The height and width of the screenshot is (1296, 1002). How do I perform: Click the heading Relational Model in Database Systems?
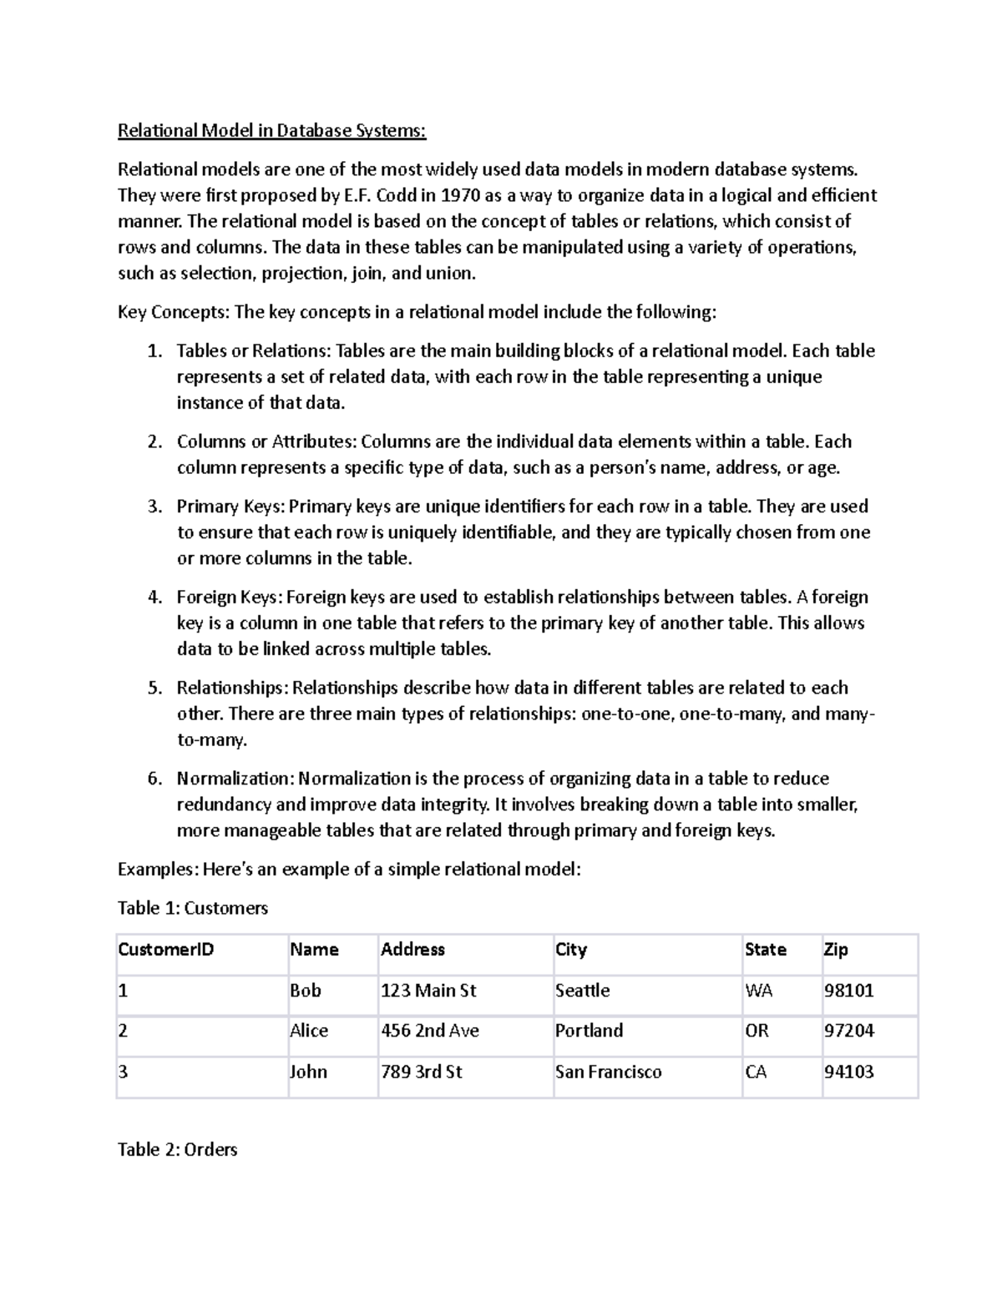click(271, 131)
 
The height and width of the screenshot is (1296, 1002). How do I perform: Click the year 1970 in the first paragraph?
click(460, 195)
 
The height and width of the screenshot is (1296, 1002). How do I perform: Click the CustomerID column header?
click(166, 950)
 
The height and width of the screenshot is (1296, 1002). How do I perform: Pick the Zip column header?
click(836, 950)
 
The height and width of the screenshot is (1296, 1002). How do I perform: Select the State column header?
click(766, 950)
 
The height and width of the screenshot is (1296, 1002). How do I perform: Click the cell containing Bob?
click(306, 991)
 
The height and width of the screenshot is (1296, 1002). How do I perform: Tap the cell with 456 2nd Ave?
click(430, 1031)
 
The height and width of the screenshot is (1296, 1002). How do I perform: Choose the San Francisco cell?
click(608, 1072)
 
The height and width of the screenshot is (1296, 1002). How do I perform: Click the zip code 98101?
click(848, 991)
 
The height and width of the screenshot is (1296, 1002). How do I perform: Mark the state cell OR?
click(757, 1031)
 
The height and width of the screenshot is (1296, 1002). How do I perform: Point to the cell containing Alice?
click(309, 1031)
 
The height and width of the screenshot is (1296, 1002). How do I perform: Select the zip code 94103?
click(848, 1072)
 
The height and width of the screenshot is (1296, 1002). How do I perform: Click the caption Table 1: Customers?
click(193, 908)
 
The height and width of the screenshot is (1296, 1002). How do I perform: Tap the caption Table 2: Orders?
click(178, 1150)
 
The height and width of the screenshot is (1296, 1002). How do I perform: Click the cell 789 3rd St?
click(422, 1072)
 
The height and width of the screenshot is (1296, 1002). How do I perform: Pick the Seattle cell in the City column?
click(582, 991)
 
